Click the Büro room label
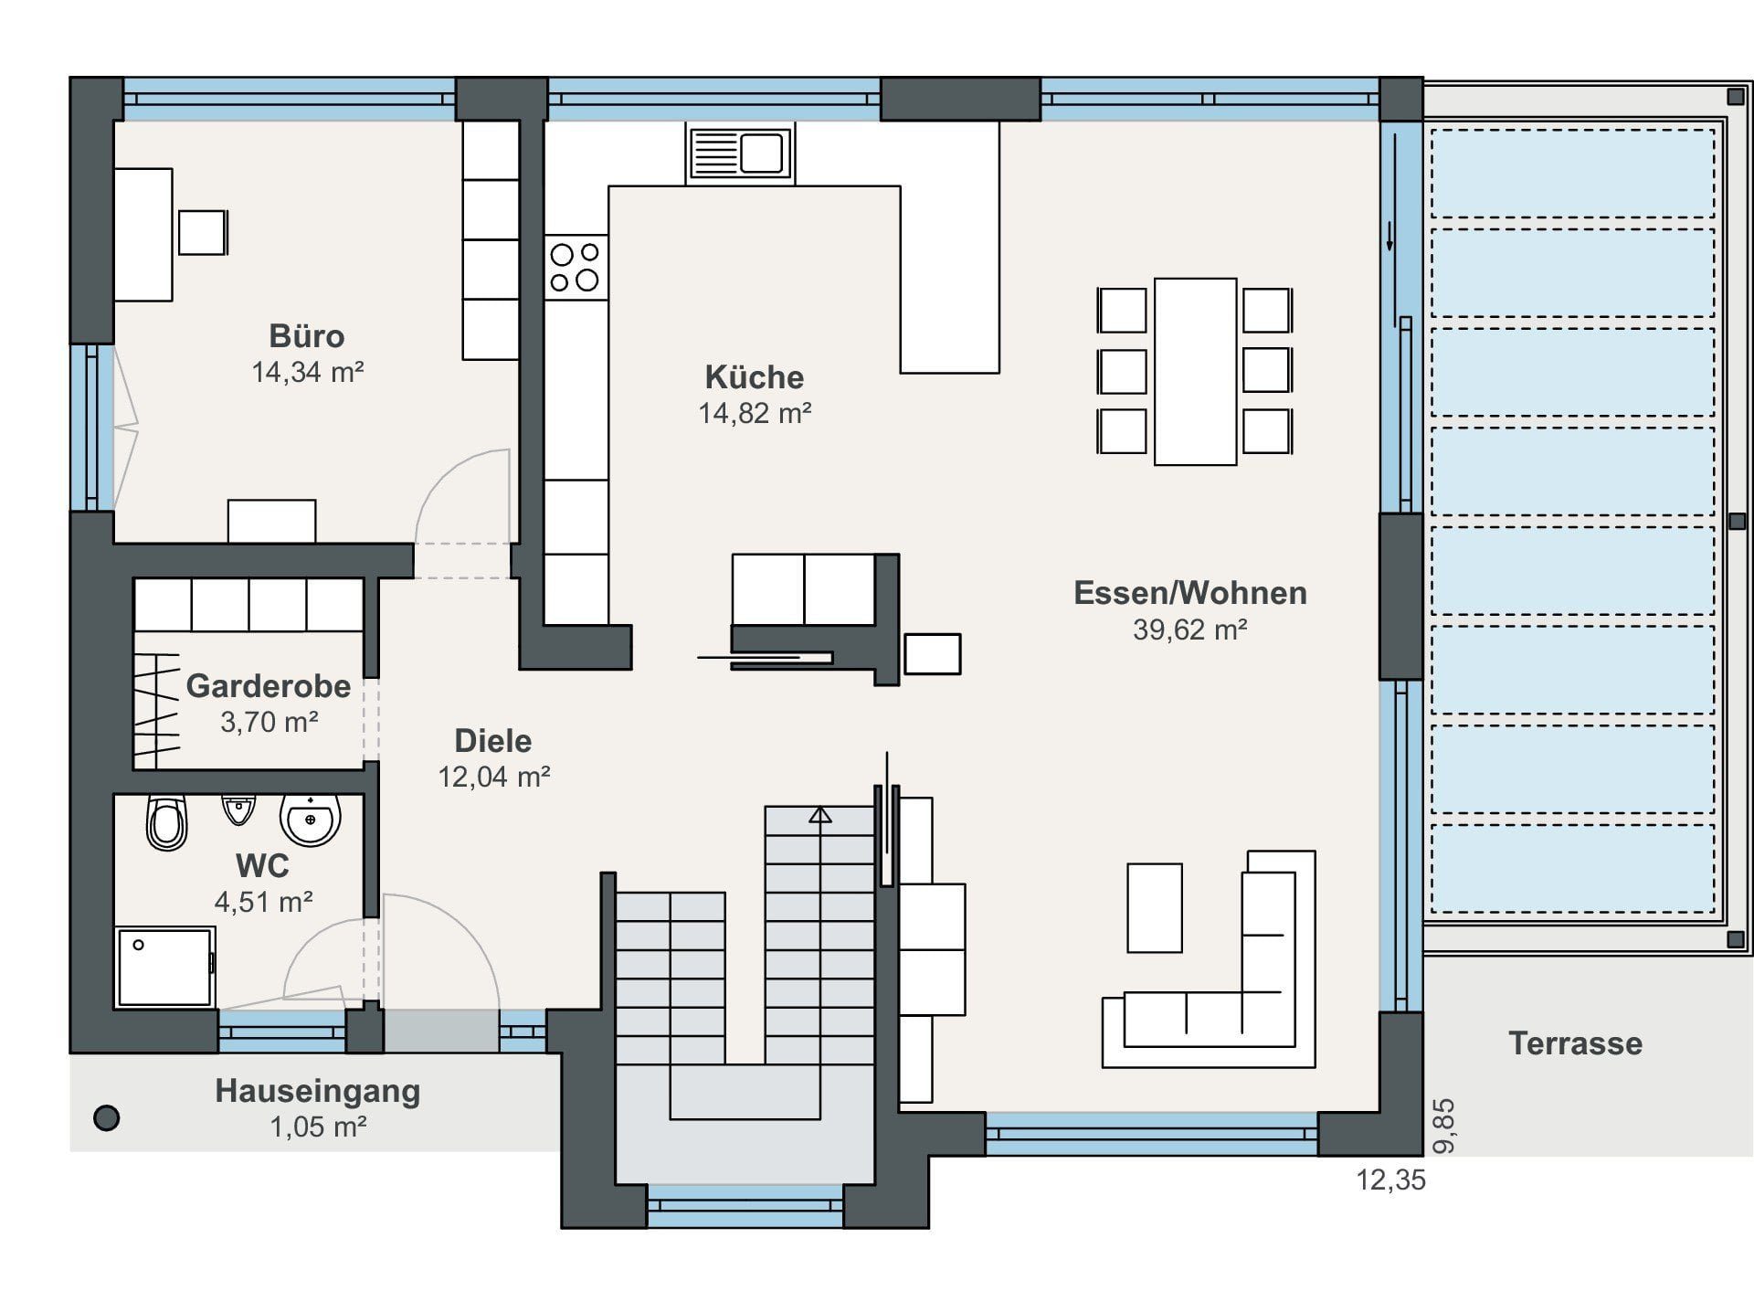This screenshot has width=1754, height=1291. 307,336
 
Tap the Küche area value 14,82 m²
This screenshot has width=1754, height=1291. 755,413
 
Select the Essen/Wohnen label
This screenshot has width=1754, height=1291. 1190,593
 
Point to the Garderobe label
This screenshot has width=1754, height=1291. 269,685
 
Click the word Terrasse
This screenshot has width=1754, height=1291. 1575,1043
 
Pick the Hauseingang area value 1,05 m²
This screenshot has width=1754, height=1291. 318,1127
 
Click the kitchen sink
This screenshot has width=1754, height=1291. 740,153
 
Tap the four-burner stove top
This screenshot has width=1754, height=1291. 575,266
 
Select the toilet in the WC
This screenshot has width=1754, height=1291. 167,822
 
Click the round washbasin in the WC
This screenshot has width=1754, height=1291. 311,820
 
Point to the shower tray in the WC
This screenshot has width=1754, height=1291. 165,968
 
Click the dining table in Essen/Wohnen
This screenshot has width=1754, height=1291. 1195,372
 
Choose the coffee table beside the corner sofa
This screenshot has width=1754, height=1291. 1155,908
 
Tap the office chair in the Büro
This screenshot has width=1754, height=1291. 203,232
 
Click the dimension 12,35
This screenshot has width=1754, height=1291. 1390,1180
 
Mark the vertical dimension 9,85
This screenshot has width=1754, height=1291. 1444,1126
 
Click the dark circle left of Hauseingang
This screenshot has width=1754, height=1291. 107,1117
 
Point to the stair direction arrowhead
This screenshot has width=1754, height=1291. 820,814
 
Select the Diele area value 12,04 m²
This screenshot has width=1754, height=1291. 493,777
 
